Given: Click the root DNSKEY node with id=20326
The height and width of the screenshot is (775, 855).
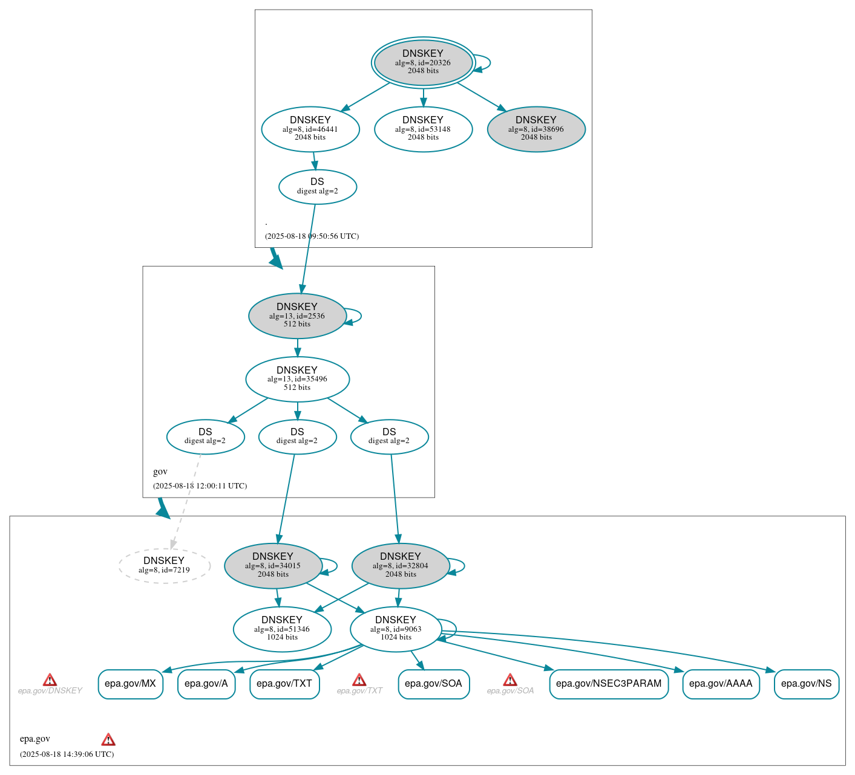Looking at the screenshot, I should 423,62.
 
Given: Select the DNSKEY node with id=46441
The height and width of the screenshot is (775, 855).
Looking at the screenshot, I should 310,129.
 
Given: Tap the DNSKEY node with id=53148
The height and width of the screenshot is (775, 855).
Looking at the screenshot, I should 423,129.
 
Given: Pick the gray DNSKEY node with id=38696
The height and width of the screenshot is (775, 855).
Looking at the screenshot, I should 536,129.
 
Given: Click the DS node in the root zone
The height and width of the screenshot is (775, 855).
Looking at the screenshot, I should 318,186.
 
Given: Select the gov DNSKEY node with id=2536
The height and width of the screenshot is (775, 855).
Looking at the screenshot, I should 297,316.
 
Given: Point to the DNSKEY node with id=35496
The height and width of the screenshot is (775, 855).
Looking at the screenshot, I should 297,379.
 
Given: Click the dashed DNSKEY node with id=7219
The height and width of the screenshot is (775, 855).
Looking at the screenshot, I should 164,565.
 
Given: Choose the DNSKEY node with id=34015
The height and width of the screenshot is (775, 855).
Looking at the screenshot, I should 273,565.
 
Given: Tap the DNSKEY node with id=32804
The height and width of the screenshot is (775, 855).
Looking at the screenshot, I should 401,565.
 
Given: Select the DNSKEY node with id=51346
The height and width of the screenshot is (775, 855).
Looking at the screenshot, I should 282,629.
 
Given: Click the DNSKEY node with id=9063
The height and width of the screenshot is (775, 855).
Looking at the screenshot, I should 396,629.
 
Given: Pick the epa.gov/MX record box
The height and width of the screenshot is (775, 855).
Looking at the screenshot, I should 131,684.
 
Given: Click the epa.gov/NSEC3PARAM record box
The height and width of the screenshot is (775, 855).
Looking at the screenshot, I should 609,684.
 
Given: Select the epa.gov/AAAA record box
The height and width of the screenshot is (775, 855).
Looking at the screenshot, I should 721,684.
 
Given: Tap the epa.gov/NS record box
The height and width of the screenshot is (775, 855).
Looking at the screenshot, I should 807,684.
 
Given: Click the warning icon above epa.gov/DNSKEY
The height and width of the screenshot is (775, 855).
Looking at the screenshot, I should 50,680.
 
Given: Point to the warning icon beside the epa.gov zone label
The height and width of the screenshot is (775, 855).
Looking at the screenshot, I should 108,739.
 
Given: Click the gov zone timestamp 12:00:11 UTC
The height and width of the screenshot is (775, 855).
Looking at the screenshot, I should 200,485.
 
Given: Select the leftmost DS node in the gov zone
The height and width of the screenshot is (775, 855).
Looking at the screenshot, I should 205,436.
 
